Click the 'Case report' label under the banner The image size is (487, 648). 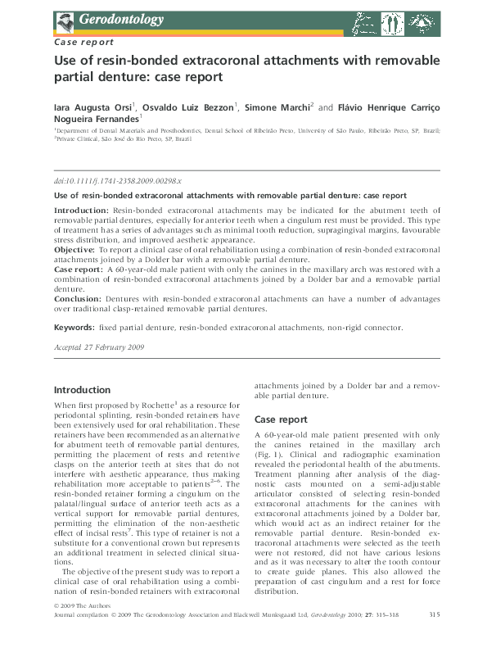tap(83, 41)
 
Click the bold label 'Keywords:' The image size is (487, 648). tap(74, 328)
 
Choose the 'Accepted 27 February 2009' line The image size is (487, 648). tap(99, 347)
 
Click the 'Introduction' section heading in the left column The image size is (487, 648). tap(82, 390)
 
